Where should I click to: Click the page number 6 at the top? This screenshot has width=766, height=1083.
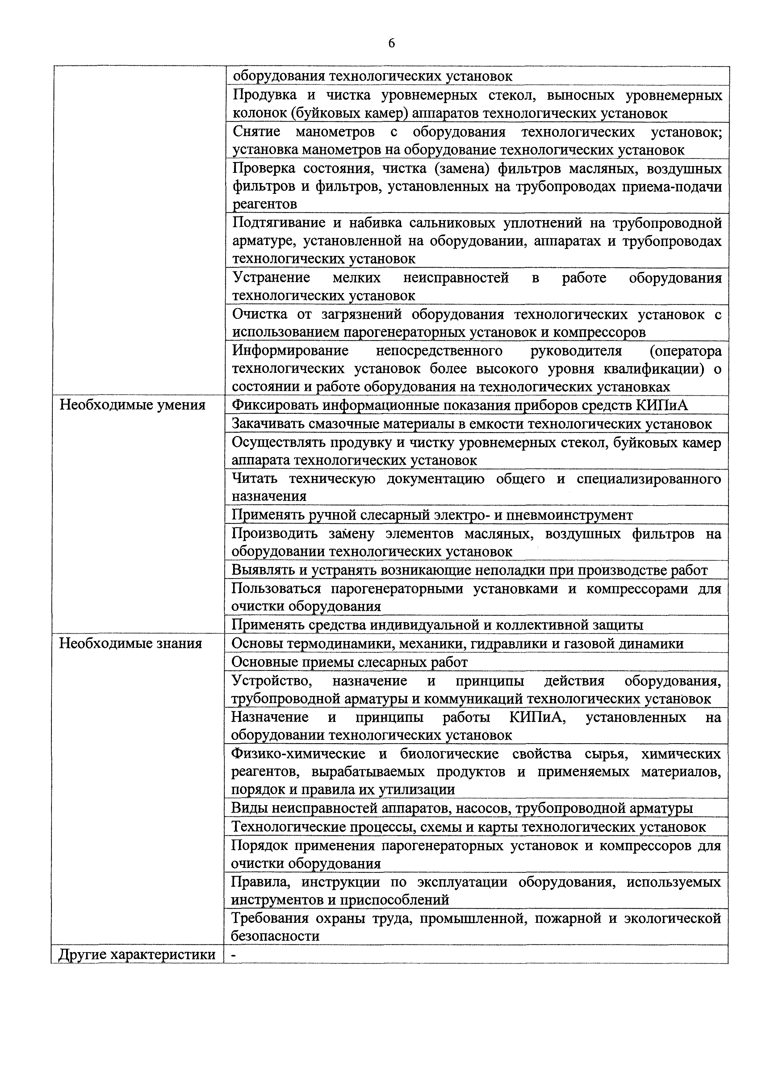coord(391,44)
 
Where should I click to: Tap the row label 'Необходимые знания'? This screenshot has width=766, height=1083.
coord(131,644)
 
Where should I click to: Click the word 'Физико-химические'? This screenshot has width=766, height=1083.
coord(299,754)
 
